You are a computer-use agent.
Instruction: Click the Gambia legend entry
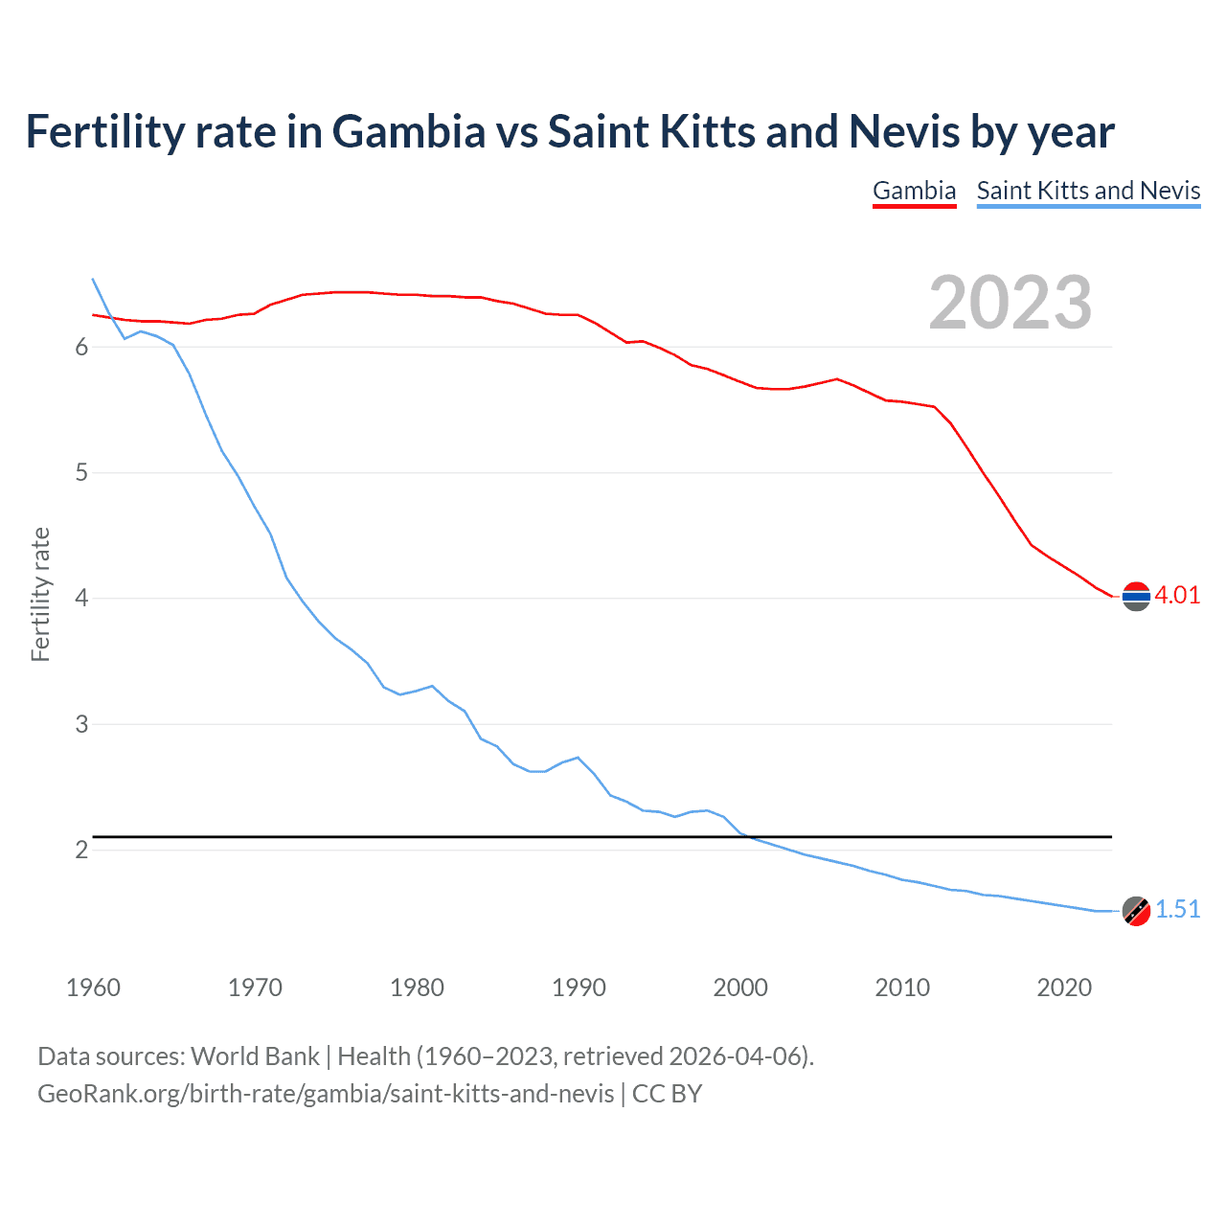914,191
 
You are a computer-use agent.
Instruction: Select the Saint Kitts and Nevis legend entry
1088,191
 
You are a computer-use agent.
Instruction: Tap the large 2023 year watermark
1010,303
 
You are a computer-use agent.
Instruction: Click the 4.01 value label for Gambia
1177,595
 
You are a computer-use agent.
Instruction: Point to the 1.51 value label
1177,909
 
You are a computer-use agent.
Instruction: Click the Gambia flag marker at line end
1136,596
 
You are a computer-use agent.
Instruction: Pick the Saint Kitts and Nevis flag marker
1136,911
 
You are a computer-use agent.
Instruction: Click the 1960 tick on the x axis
93,988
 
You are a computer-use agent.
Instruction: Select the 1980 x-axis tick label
417,988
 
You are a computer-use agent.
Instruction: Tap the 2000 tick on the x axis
740,988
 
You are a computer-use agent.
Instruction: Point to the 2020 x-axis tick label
1064,988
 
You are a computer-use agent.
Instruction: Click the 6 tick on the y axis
81,347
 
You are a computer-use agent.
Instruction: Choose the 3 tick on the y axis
81,724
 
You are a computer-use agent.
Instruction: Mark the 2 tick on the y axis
81,850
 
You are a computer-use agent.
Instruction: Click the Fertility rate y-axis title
40,594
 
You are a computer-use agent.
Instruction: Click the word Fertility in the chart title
104,132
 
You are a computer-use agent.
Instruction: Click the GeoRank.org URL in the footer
326,1094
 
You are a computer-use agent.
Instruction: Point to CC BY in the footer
667,1094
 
